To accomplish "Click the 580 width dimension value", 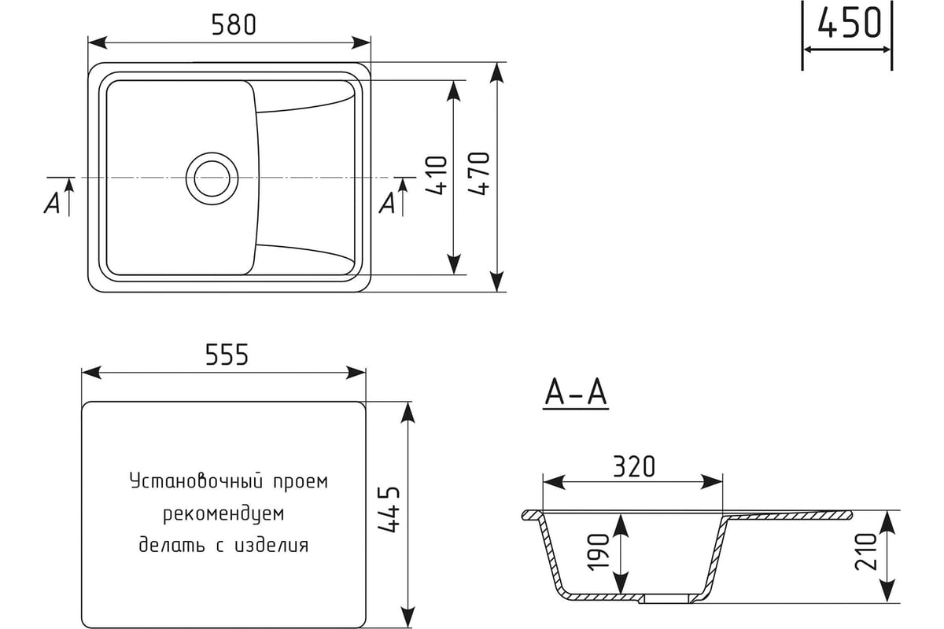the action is click(x=234, y=24).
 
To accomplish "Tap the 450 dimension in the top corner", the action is click(x=849, y=22).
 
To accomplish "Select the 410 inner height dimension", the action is click(x=437, y=175).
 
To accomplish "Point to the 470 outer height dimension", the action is click(x=479, y=174).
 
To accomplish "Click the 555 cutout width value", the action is click(x=227, y=355).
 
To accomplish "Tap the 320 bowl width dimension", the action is click(x=634, y=466).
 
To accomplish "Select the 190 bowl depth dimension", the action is click(x=599, y=552).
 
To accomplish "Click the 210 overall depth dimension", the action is click(x=865, y=551).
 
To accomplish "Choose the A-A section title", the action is click(x=576, y=392).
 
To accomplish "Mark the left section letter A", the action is click(x=52, y=203).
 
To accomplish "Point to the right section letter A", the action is click(x=387, y=203).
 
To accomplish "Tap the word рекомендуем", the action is click(x=223, y=513).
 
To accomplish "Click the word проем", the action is click(x=301, y=481).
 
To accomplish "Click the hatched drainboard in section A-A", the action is click(x=787, y=516).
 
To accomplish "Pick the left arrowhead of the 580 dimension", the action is click(x=98, y=42).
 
